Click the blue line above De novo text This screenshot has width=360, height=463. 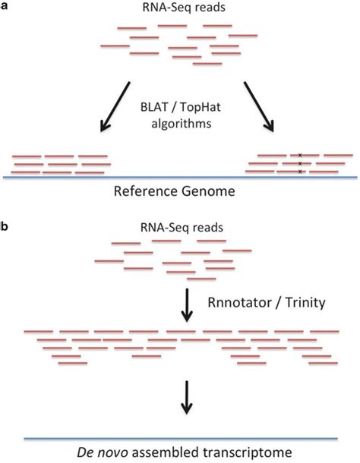(x=180, y=438)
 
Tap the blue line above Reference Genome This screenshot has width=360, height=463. (x=180, y=176)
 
